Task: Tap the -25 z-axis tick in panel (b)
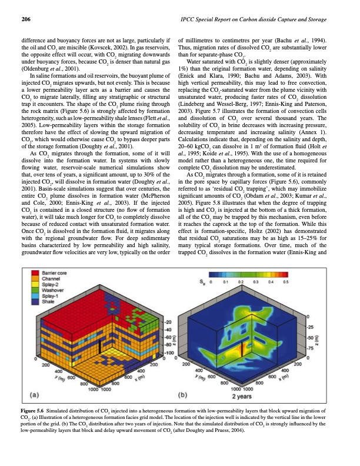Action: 312,325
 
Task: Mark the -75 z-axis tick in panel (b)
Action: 312,348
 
